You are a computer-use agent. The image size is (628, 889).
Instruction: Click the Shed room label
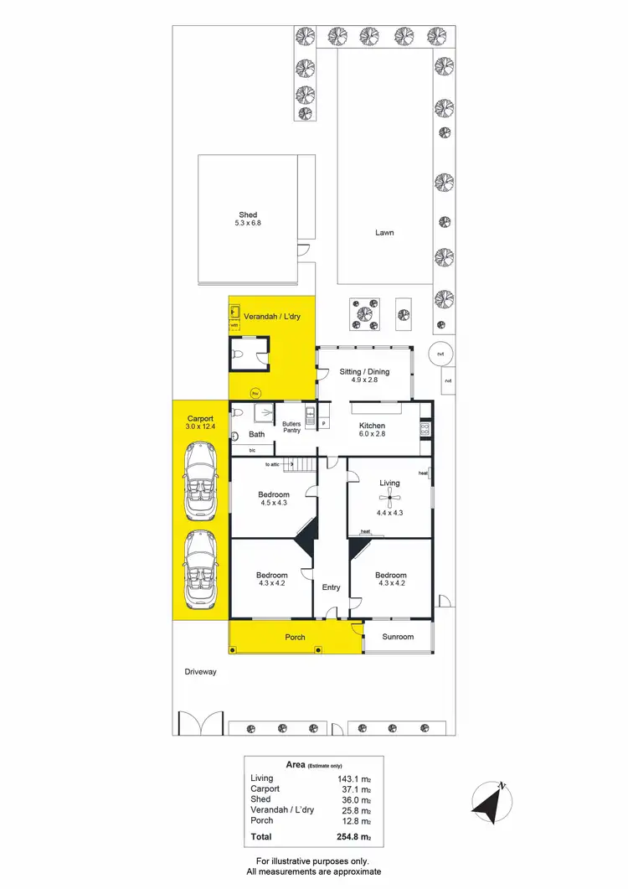[248, 215]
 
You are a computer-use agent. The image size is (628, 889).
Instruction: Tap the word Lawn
[384, 232]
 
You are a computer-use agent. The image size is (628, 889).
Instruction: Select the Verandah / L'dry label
[272, 317]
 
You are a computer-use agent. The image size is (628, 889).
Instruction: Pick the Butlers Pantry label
[291, 427]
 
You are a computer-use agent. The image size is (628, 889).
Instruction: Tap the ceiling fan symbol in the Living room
[389, 500]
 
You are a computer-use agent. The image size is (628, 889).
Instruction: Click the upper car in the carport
[201, 482]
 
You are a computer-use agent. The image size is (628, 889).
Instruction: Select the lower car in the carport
[201, 570]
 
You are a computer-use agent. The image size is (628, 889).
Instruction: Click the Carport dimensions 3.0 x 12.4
[201, 427]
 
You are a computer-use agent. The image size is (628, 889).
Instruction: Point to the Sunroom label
[398, 637]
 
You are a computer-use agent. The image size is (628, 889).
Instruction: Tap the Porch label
[295, 638]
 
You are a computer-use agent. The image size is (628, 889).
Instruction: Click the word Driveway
[201, 671]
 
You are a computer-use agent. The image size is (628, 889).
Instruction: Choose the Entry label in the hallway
[332, 587]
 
